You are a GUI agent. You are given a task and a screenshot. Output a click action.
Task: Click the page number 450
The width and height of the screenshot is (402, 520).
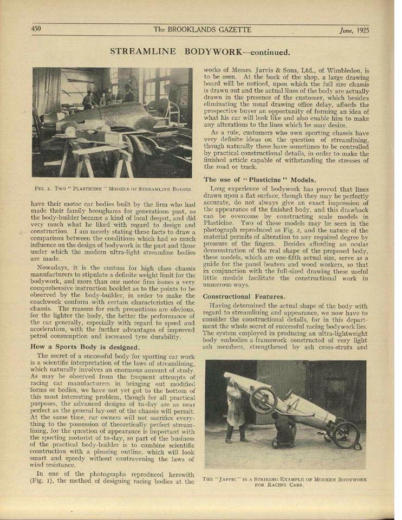(37, 29)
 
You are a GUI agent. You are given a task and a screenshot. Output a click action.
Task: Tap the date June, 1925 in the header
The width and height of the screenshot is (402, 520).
(355, 30)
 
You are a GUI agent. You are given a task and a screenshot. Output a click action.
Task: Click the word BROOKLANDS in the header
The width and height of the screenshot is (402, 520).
(198, 30)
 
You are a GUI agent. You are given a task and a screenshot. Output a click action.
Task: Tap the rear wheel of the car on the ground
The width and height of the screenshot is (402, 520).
(346, 434)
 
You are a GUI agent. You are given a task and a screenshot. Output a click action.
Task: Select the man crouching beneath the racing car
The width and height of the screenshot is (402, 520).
(284, 428)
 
